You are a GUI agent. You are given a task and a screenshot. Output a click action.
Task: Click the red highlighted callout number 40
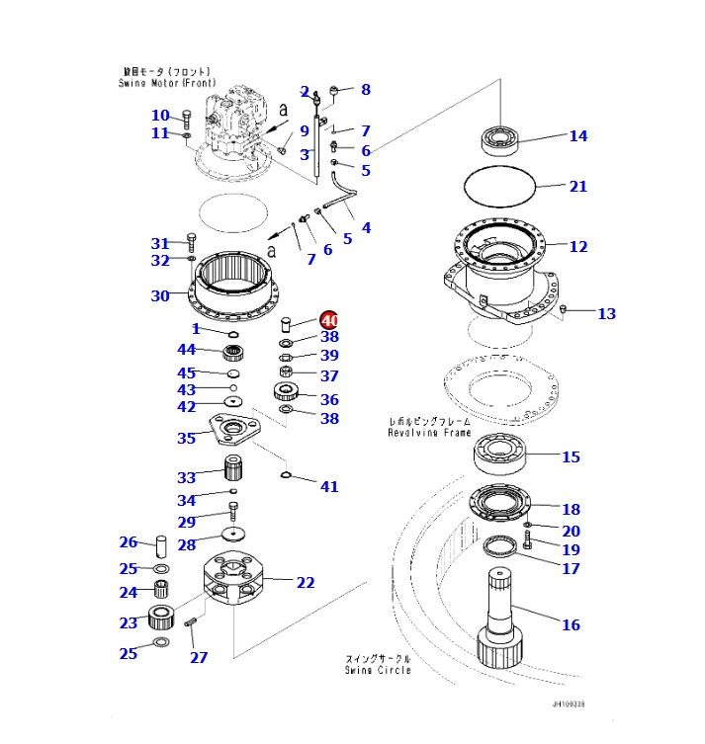pyautogui.click(x=328, y=320)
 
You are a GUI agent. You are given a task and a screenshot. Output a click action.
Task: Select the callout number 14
pyautogui.click(x=577, y=136)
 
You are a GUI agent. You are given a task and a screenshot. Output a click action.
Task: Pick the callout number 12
pyautogui.click(x=578, y=247)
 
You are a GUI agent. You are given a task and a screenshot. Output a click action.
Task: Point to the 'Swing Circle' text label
pyautogui.click(x=378, y=669)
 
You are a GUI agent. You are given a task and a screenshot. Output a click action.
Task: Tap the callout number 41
pyautogui.click(x=329, y=486)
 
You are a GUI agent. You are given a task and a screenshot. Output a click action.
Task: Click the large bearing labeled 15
pyautogui.click(x=501, y=454)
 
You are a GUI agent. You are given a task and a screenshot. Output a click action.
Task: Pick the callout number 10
pyautogui.click(x=160, y=116)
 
